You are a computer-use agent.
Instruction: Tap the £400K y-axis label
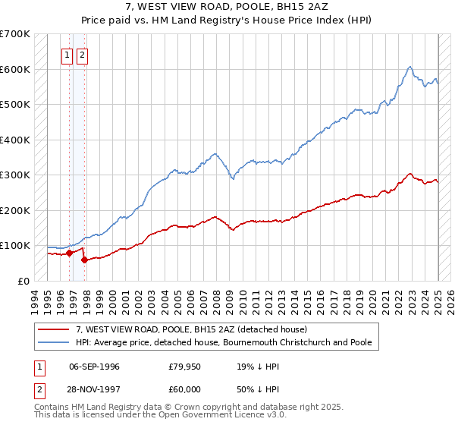15,140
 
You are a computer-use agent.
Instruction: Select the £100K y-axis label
15,246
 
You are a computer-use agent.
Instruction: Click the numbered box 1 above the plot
67,54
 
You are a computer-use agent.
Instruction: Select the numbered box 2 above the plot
82,54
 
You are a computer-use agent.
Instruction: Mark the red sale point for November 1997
84,260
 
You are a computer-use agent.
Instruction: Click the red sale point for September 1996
69,253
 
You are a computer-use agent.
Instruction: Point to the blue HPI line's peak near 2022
409,67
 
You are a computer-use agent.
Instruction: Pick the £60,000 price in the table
185,388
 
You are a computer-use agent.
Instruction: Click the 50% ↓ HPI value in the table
254,388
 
